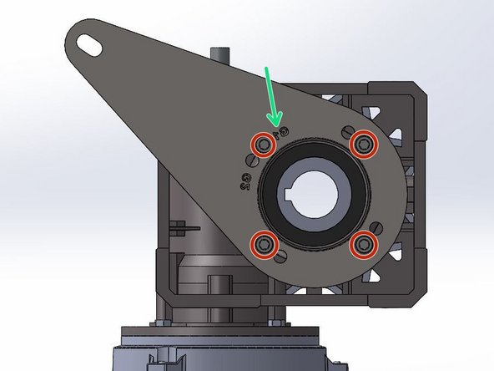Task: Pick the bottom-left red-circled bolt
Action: click(x=265, y=243)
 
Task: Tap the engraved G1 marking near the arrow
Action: click(x=281, y=131)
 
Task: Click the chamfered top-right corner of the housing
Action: click(x=417, y=87)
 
